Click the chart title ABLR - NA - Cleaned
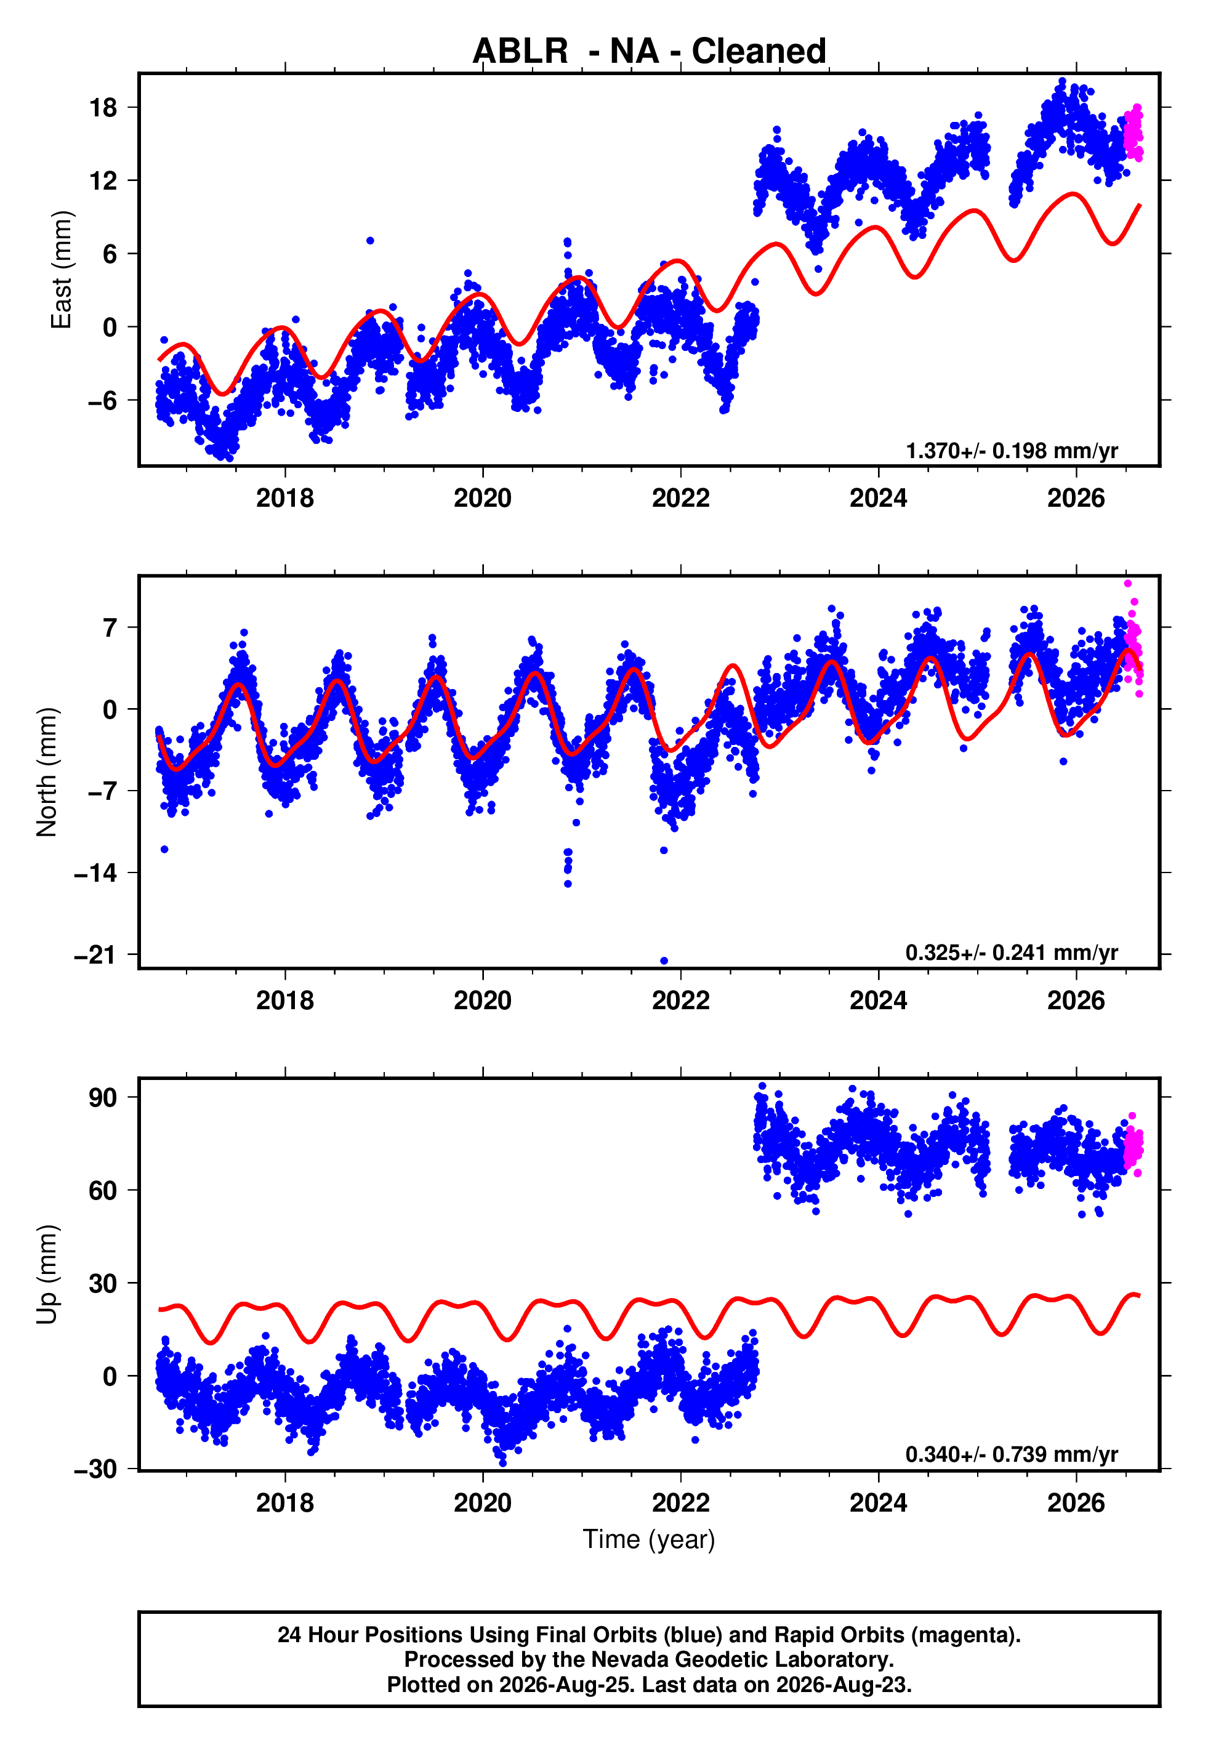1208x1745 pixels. pos(649,52)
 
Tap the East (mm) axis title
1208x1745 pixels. pos(60,270)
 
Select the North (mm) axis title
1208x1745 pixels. pos(46,772)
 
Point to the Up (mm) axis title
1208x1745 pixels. pos(46,1275)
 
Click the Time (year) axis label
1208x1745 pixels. pos(649,1540)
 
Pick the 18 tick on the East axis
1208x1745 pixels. pos(103,108)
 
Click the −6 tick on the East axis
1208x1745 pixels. pos(102,400)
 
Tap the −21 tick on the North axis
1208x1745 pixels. pos(95,955)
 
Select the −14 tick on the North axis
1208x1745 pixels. pos(95,873)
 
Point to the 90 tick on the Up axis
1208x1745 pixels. pos(103,1097)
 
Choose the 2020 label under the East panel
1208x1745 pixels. pos(482,498)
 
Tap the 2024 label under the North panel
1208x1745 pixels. pos(878,1001)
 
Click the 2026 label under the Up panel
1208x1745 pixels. pos(1076,1503)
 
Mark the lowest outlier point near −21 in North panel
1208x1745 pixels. pos(664,961)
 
